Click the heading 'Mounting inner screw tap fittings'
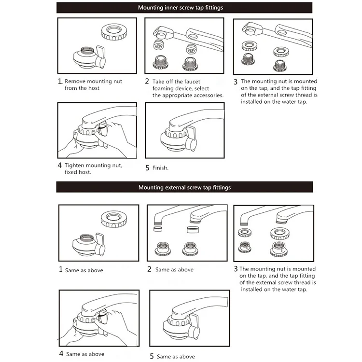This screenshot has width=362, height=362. pos(181,8)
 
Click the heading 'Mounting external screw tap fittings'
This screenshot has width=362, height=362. pos(184,187)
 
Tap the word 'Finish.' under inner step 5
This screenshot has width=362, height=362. pos(160,168)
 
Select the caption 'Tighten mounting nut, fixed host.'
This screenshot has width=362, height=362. pos(93,168)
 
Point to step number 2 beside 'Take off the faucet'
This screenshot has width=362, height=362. pos(147,82)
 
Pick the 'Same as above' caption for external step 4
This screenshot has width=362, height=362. pos(86,354)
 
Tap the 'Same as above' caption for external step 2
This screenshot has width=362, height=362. pos(174,270)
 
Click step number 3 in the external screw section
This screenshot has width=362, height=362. pos(236,269)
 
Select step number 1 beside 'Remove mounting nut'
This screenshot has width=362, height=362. pos(60,82)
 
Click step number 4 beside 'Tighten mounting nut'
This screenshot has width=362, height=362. pos(60,165)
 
